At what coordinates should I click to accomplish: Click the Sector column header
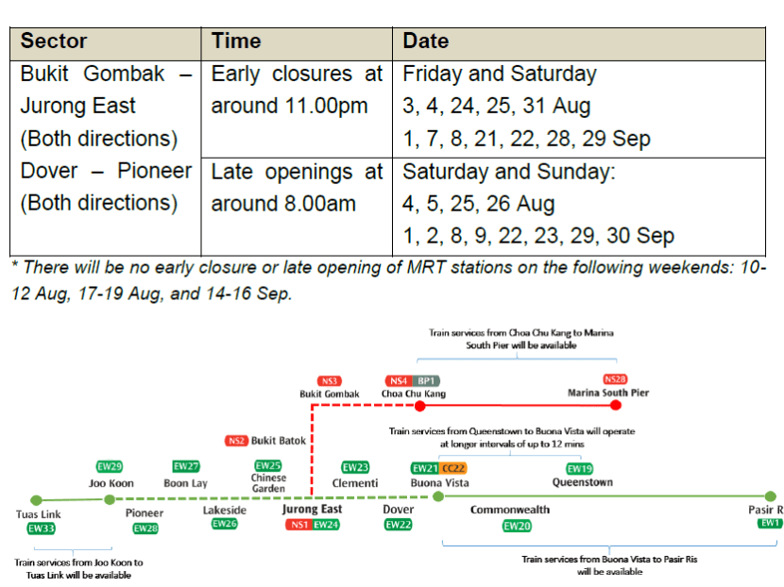(x=54, y=42)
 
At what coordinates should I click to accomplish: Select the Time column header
(x=236, y=42)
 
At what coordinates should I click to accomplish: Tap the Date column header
(x=426, y=42)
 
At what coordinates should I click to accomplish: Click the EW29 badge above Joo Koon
(x=111, y=466)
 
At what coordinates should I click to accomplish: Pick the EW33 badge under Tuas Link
(x=41, y=529)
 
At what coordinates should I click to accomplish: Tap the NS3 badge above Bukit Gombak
(x=330, y=380)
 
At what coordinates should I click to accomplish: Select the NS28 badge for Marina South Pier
(x=615, y=379)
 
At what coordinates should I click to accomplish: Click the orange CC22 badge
(x=453, y=468)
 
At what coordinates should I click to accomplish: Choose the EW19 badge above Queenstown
(x=580, y=468)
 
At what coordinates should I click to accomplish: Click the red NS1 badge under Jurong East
(x=298, y=524)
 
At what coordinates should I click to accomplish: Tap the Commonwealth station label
(x=510, y=510)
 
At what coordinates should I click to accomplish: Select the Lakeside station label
(x=225, y=510)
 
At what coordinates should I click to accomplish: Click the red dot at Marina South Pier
(x=616, y=405)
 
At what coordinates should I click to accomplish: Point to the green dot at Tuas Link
(x=36, y=499)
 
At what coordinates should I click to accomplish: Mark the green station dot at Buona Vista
(x=437, y=496)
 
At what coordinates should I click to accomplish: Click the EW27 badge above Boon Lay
(x=186, y=466)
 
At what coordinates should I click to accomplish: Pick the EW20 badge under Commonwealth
(x=517, y=526)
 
